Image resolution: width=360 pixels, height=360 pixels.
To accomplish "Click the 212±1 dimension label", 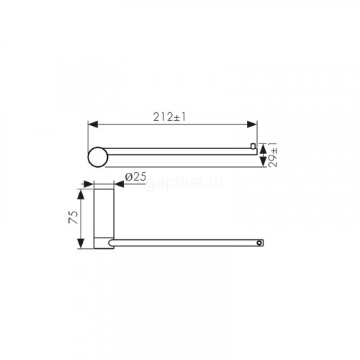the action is (x=169, y=117).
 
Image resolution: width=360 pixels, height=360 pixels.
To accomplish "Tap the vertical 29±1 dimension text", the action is (x=273, y=155).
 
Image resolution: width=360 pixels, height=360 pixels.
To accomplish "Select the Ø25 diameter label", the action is (x=135, y=177).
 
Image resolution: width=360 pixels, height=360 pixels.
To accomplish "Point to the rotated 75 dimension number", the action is (x=73, y=217).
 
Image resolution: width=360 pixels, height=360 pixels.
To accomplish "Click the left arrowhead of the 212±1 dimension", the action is (x=93, y=125).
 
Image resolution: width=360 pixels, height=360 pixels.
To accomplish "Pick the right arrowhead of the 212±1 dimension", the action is (x=252, y=125).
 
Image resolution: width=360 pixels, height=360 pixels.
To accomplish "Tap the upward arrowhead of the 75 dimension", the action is (x=81, y=194).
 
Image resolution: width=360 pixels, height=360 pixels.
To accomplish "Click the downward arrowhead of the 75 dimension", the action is (x=81, y=243).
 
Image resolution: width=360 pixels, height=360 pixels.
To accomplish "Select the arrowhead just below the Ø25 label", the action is (x=119, y=184).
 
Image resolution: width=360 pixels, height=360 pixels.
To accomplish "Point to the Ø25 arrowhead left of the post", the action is (x=88, y=184).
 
